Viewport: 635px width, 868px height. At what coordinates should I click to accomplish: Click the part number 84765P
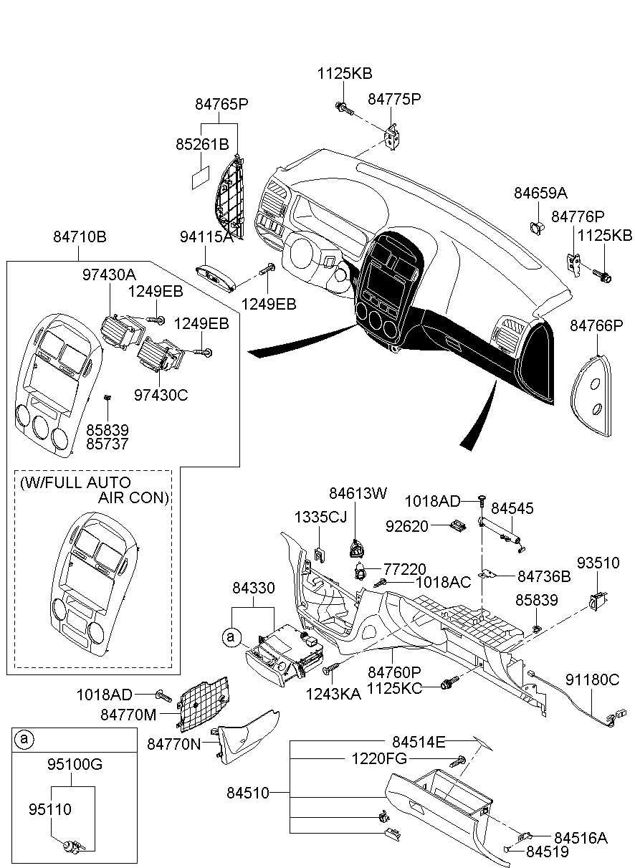pos(221,104)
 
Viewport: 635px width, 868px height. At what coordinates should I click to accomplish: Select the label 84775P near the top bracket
pos(394,99)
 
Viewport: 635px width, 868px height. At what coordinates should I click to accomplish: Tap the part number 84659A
pos(540,193)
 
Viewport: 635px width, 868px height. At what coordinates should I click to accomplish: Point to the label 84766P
pos(596,325)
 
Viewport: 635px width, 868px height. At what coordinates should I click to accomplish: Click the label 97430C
pos(161,395)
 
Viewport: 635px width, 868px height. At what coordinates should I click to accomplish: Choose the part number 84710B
pos(80,237)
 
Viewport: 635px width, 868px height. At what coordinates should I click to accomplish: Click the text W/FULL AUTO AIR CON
pos(95,490)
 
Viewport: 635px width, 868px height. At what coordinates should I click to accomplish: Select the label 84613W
pos(358,493)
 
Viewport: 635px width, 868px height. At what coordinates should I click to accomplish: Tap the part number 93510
pos(598,563)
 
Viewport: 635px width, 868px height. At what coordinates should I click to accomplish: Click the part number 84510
pos(248,793)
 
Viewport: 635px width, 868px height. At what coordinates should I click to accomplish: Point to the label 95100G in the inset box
pos(75,764)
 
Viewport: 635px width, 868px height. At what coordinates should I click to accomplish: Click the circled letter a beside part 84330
pos(231,636)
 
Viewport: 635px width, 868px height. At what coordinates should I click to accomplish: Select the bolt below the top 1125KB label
pos(344,108)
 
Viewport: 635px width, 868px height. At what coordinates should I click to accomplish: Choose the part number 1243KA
pos(333,694)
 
